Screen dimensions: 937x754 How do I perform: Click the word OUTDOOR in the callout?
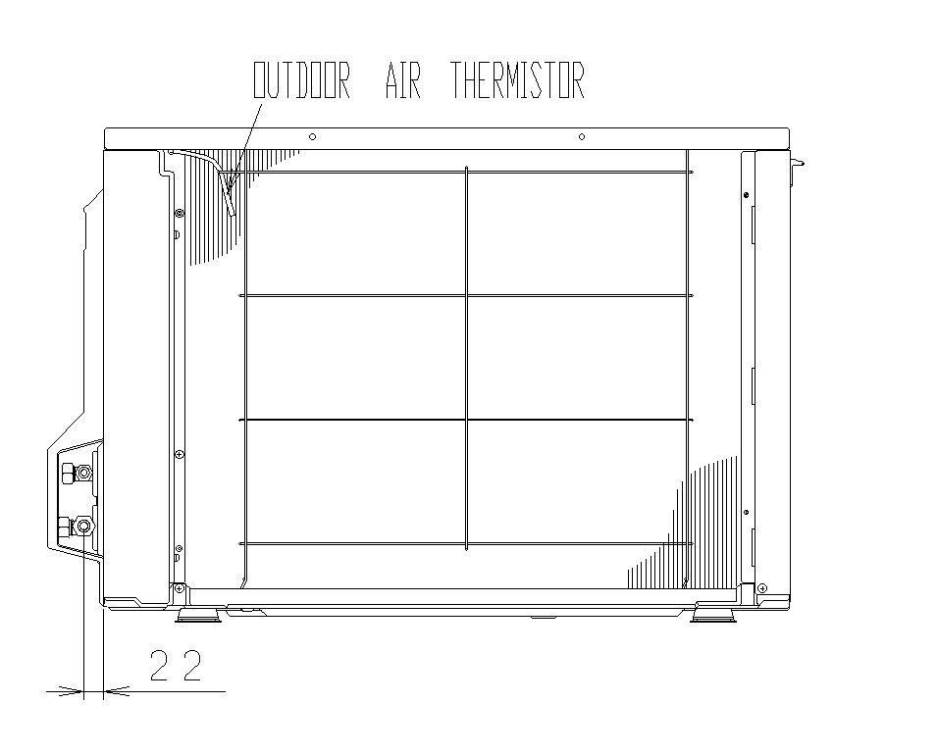tap(301, 81)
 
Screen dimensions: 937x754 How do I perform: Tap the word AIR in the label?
tap(401, 81)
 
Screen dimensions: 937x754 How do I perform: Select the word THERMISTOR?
tap(517, 81)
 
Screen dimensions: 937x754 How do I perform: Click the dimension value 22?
tap(177, 666)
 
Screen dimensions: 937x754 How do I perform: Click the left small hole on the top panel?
tap(311, 136)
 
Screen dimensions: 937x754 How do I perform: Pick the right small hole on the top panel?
tap(582, 136)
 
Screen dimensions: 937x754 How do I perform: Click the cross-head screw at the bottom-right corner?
tap(763, 587)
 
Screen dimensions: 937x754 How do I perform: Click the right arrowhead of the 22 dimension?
tap(114, 690)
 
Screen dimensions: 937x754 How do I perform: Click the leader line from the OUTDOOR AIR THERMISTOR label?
tap(246, 137)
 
